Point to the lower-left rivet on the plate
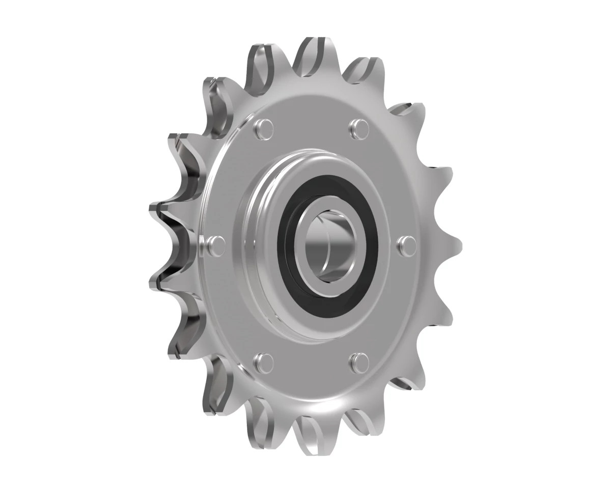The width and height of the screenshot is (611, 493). (x=263, y=361)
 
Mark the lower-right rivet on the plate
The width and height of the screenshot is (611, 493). (x=359, y=361)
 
